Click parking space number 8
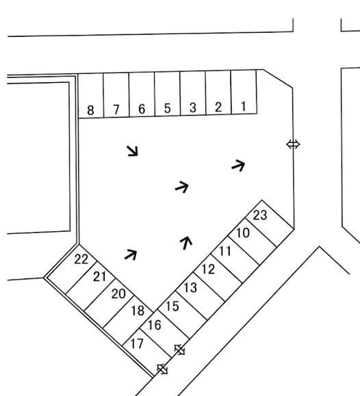(90, 110)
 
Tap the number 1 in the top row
(244, 106)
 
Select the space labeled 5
(167, 108)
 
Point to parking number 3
(192, 107)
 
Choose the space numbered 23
(260, 215)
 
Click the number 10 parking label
(243, 233)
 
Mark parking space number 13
(190, 288)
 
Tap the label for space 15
(172, 306)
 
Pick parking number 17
(137, 344)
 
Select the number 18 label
(138, 311)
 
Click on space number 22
(81, 259)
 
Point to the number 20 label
(118, 294)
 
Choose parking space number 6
(142, 109)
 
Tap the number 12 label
(208, 269)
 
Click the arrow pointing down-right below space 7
(133, 151)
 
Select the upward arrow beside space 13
(186, 243)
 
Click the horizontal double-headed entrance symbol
(293, 144)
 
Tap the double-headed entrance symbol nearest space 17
(162, 369)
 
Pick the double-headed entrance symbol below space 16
(180, 350)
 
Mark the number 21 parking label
(100, 277)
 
